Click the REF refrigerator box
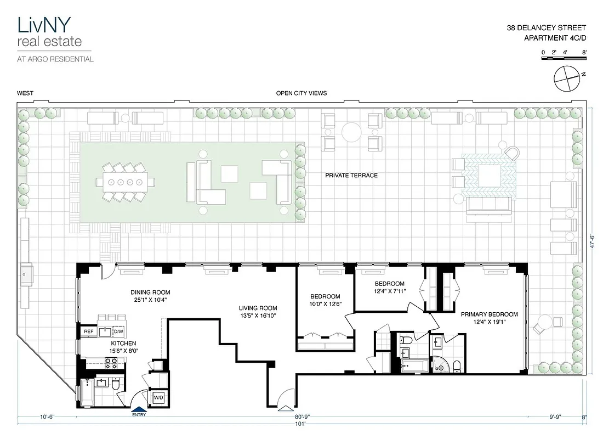pyautogui.click(x=88, y=331)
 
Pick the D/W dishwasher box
pyautogui.click(x=118, y=331)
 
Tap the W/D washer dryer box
pyautogui.click(x=158, y=397)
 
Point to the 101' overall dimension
pyautogui.click(x=299, y=424)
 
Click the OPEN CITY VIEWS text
pyautogui.click(x=301, y=93)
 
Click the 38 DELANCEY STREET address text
pyautogui.click(x=555, y=27)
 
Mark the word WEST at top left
pyautogui.click(x=25, y=93)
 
